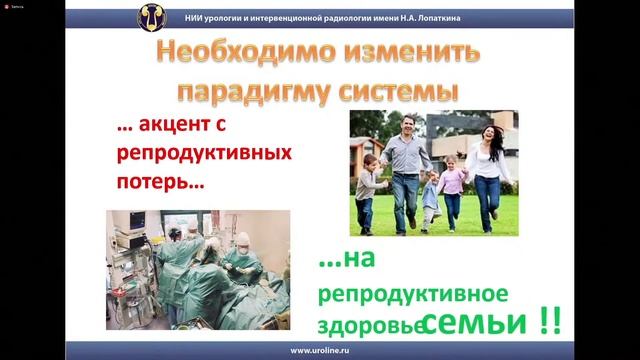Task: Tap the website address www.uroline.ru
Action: tap(319, 351)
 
